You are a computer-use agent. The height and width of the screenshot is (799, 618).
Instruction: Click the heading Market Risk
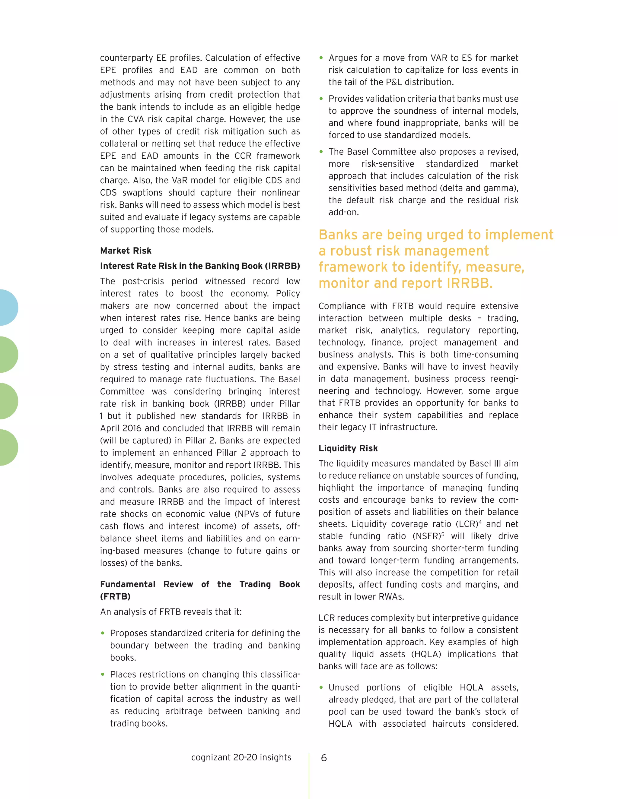click(126, 251)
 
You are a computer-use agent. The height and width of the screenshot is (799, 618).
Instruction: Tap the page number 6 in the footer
click(324, 758)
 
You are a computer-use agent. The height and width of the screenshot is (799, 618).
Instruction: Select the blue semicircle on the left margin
click(8, 307)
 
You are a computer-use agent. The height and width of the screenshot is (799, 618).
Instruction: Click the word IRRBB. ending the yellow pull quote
click(470, 283)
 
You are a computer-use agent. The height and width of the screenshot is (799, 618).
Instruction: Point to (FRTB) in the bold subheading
click(115, 597)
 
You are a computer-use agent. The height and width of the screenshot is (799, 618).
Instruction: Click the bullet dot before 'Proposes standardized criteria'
click(103, 633)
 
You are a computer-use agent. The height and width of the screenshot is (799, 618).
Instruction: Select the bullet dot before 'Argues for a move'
click(321, 58)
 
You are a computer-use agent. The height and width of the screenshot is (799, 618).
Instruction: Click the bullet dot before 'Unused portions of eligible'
click(321, 687)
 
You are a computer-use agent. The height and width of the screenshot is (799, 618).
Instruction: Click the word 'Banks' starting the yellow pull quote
click(340, 235)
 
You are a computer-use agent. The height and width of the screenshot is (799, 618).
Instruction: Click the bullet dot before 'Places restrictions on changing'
click(103, 674)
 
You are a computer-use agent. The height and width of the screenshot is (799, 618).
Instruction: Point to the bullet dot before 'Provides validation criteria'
click(321, 99)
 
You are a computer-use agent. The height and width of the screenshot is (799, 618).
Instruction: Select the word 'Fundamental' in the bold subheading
click(127, 584)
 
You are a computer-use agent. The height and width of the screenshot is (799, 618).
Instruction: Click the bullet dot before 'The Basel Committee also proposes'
click(321, 152)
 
